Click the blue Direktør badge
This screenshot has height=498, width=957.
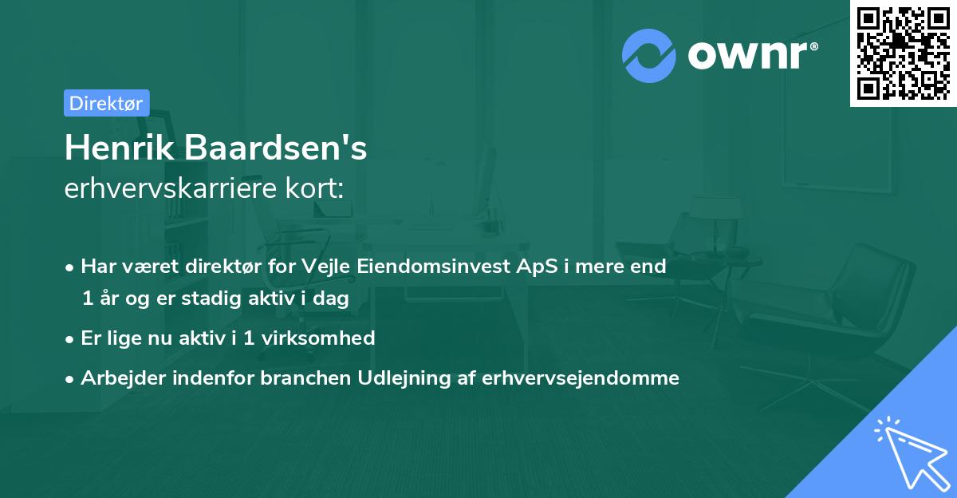click(106, 103)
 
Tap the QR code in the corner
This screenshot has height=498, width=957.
click(904, 53)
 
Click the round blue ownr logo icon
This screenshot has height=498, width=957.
click(649, 56)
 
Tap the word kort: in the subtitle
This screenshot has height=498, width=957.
click(318, 189)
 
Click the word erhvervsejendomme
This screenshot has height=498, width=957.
click(581, 378)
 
